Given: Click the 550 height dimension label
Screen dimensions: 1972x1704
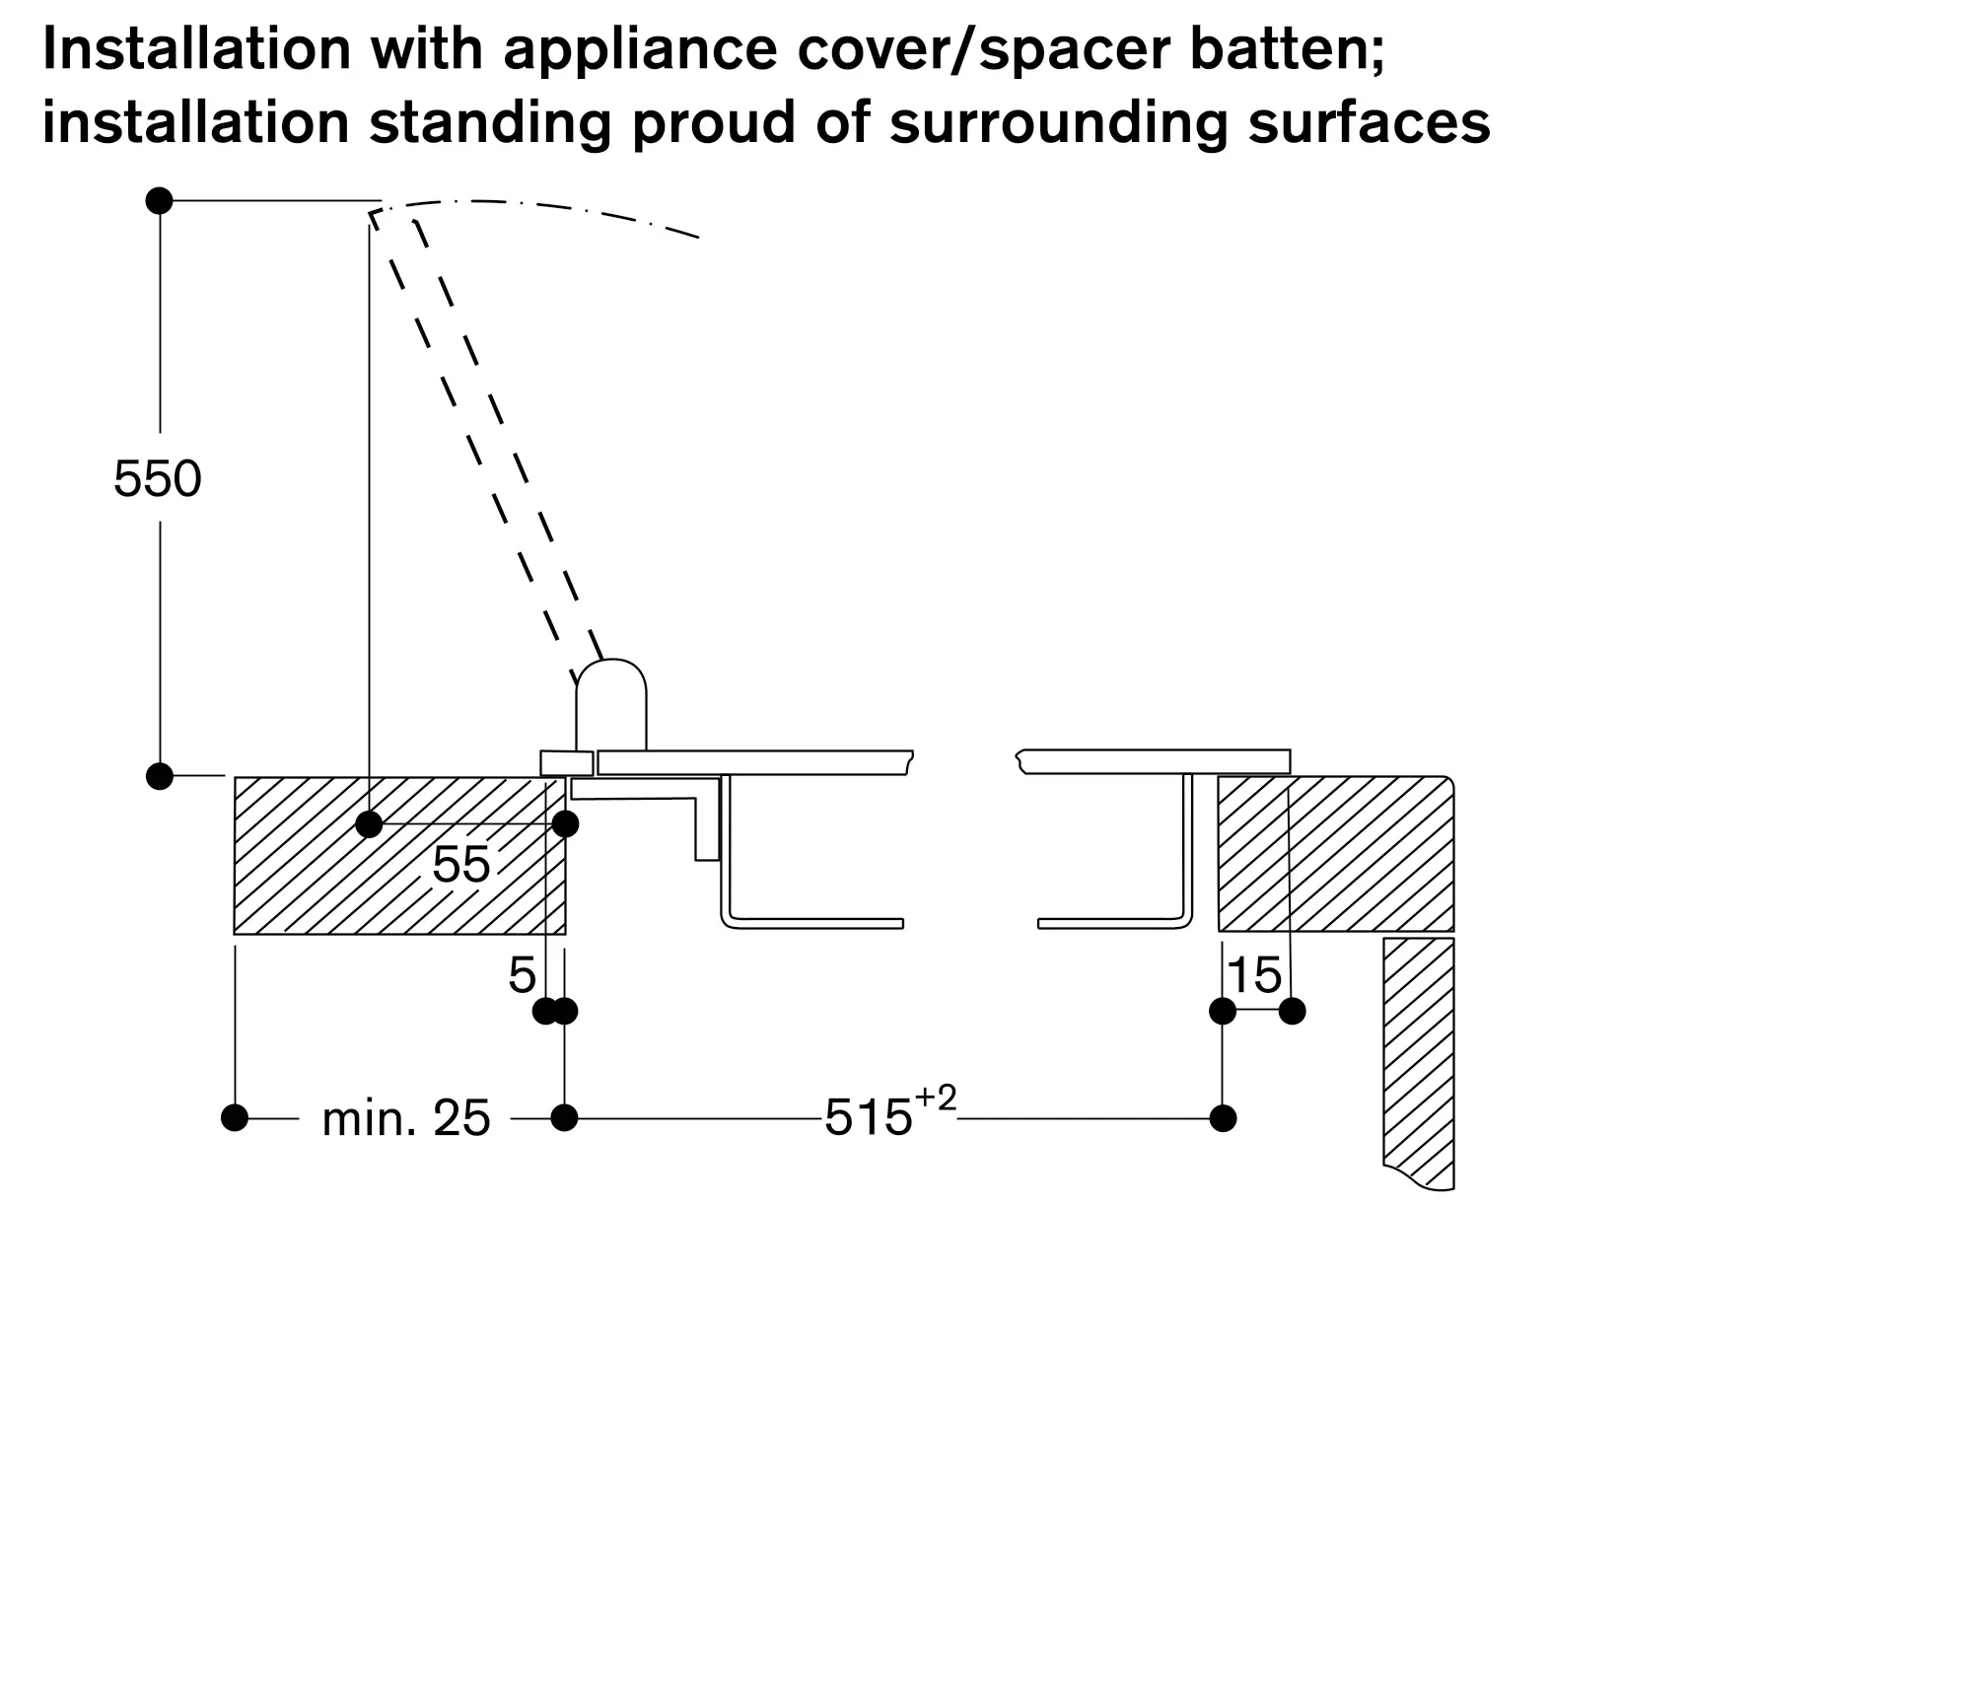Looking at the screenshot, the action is click(158, 479).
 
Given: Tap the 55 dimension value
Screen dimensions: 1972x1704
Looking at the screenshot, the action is click(460, 865).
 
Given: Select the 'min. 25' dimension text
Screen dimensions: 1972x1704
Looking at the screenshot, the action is click(406, 1118).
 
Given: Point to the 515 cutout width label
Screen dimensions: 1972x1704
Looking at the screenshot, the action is click(869, 1118).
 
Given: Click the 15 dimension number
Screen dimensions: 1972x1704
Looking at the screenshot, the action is click(1254, 975).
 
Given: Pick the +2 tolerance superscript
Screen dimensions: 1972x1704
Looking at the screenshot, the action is click(936, 1098).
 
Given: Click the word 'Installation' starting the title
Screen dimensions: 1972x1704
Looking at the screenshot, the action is click(197, 49).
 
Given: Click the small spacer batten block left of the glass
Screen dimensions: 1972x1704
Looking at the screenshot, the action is click(567, 763).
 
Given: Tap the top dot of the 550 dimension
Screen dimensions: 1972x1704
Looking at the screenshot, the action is click(159, 201).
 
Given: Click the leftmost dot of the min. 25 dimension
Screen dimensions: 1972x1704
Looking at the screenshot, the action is click(235, 1118).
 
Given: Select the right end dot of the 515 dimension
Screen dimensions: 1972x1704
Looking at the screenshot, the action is click(1223, 1118).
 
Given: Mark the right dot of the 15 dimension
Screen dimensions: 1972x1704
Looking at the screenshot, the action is click(1292, 1011).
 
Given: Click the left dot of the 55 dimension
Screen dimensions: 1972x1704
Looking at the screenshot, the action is click(369, 824).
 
